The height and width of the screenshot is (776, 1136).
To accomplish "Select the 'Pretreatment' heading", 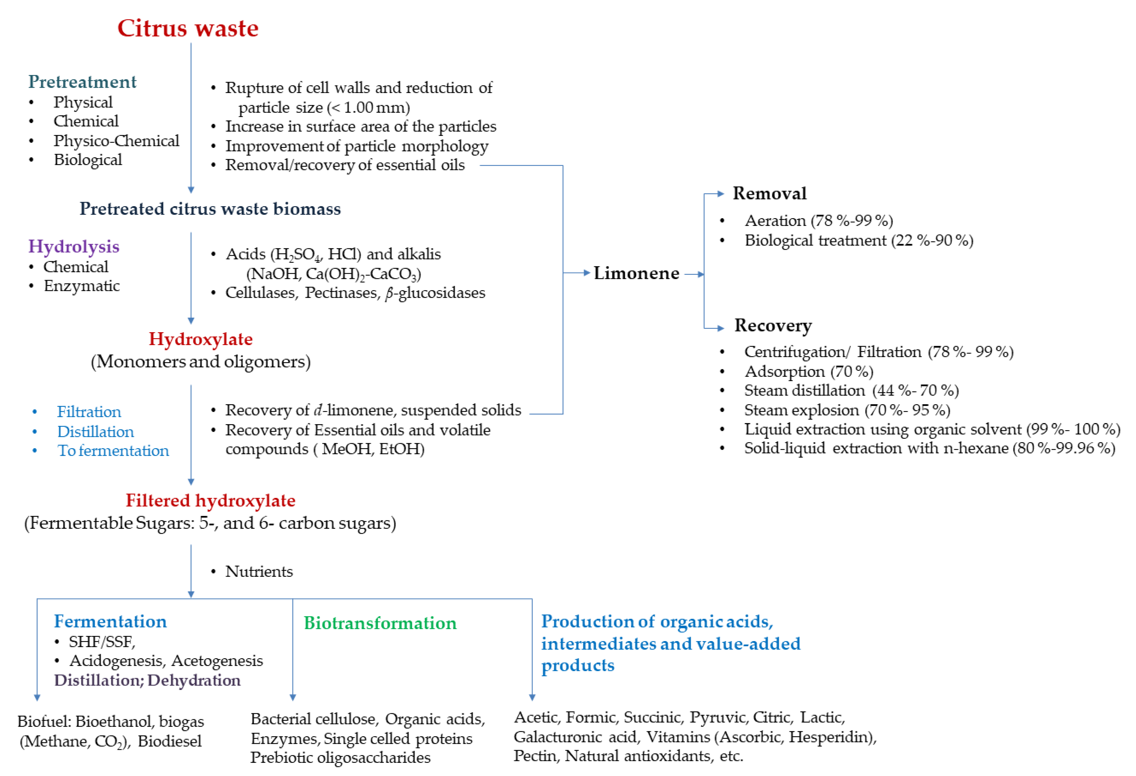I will pos(82,82).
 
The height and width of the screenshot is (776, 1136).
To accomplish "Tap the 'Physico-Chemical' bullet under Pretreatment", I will pos(116,141).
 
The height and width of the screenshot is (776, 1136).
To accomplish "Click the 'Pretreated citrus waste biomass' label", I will pos(210,209).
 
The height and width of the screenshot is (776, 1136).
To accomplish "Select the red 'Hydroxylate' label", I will pos(200,339).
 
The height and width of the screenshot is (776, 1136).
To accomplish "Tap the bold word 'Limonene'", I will pos(636,273).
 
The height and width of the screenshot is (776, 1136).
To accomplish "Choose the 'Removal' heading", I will pos(769,194).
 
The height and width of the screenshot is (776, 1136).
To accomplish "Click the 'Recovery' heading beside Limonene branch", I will pos(773,325).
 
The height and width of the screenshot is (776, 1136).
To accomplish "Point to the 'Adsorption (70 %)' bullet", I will pos(809,371).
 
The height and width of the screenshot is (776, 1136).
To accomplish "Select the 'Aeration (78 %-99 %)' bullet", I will pos(819,221).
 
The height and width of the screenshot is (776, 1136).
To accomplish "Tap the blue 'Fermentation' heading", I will pos(110,621).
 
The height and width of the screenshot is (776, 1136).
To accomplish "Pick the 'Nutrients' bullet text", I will pos(259,572).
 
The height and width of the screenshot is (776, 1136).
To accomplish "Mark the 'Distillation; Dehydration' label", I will pos(147,680).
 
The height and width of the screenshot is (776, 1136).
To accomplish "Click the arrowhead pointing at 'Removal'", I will pos(720,194).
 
